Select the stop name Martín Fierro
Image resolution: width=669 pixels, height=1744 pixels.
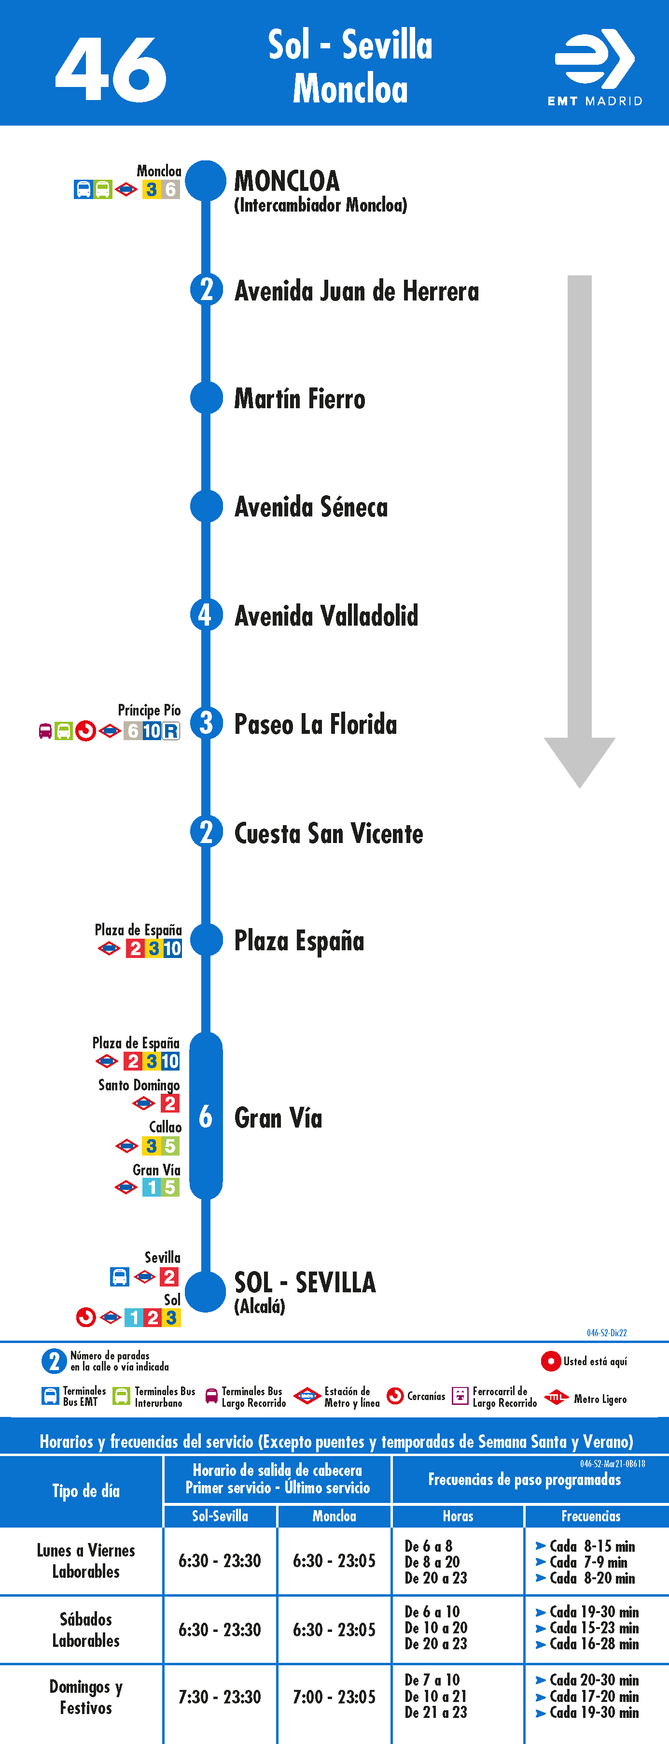(x=300, y=398)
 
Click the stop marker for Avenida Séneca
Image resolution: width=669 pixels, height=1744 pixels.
(x=206, y=506)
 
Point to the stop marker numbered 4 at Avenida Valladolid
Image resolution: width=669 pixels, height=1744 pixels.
(x=206, y=615)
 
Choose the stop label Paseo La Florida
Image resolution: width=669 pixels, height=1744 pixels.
(x=315, y=724)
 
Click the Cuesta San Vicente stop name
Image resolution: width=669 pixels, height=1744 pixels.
(x=329, y=833)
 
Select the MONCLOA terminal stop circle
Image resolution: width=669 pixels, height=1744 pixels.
(x=206, y=181)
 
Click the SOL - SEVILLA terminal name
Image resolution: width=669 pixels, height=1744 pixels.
(x=305, y=1282)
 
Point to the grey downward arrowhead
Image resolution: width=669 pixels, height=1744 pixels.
(x=580, y=762)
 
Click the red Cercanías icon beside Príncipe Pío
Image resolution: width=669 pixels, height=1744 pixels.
(x=85, y=731)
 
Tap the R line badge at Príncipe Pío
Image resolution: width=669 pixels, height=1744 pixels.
(x=171, y=731)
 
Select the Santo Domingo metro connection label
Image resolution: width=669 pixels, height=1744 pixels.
(x=139, y=1085)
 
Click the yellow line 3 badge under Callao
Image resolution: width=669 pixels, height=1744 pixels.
(x=152, y=1145)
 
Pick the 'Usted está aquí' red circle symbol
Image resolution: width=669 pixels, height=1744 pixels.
(x=551, y=1361)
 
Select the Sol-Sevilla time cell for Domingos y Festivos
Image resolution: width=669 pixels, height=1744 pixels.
(x=220, y=1697)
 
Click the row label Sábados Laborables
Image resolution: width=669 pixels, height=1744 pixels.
(x=86, y=1630)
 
